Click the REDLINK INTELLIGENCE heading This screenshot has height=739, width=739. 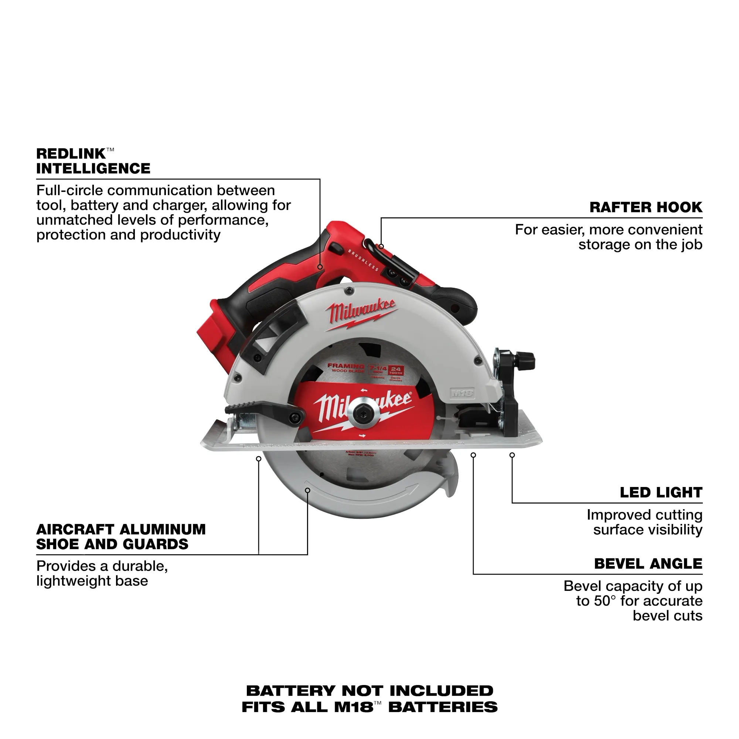tap(93, 161)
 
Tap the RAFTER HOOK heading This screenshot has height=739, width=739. tap(646, 207)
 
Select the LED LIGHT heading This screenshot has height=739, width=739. tap(661, 492)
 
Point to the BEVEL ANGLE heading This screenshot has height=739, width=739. tap(648, 563)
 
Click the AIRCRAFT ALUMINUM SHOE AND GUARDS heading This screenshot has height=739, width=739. tap(120, 536)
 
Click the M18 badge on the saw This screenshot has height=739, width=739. tap(462, 392)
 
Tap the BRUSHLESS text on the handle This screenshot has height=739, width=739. tap(363, 260)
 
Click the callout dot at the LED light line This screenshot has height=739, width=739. tap(512, 455)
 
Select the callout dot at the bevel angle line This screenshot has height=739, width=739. tap(473, 455)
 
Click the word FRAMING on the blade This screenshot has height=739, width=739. tap(345, 366)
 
